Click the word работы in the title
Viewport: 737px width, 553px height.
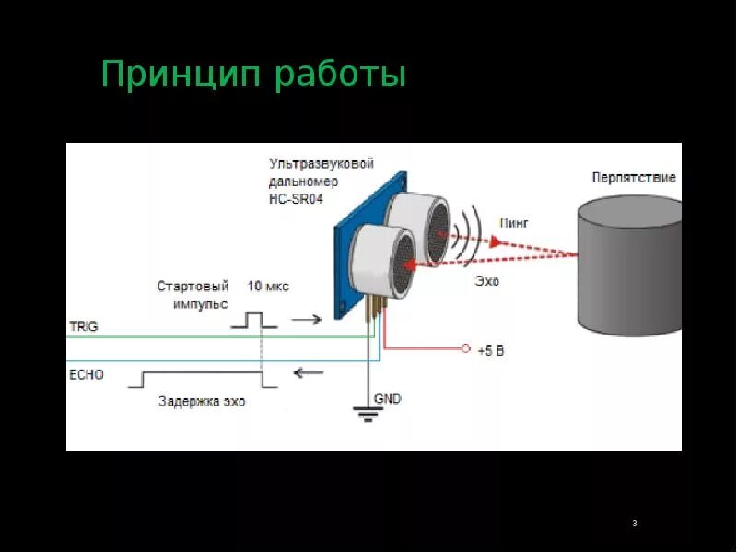tap(339, 75)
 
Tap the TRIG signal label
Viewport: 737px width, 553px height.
tap(83, 326)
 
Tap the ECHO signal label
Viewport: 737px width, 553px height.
tap(87, 374)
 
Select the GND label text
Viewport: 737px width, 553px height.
tap(387, 398)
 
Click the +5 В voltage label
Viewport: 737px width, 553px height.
tap(491, 350)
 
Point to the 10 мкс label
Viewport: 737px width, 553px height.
tap(267, 287)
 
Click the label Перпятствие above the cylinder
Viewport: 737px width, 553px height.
tap(634, 177)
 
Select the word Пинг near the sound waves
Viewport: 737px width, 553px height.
tap(514, 222)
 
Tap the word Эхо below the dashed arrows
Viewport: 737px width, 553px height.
tap(486, 281)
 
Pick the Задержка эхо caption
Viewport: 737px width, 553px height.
tap(202, 402)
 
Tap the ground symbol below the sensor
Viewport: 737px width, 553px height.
tap(368, 414)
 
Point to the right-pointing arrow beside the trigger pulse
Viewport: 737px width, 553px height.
tap(306, 320)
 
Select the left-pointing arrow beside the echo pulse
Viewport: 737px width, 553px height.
tap(308, 373)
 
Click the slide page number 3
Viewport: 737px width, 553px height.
tap(635, 524)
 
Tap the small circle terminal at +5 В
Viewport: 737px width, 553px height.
tap(466, 349)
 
